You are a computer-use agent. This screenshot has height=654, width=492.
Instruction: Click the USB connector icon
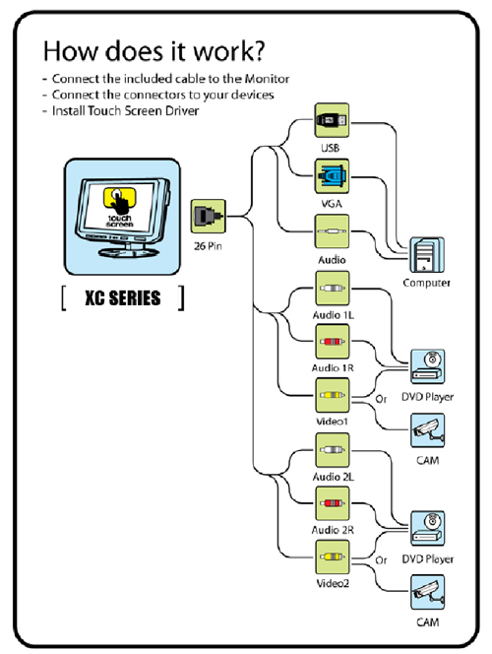[x=332, y=120]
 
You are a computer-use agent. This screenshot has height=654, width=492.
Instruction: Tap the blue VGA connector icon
[x=332, y=176]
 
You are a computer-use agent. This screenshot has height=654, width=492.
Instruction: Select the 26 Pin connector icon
[x=209, y=216]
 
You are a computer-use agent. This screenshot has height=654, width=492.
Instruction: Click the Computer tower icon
[x=427, y=255]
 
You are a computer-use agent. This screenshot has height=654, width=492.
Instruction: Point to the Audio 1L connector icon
[x=332, y=289]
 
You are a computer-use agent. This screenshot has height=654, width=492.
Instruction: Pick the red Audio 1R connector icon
[x=332, y=342]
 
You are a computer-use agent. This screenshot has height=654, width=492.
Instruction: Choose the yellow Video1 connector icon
[x=332, y=395]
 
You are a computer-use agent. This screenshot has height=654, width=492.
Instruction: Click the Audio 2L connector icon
[x=332, y=450]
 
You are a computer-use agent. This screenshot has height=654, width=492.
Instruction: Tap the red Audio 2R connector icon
[x=332, y=503]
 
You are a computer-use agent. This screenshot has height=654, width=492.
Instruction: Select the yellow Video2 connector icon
[x=332, y=556]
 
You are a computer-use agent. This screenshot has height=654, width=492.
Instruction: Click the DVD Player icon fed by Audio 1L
[x=427, y=366]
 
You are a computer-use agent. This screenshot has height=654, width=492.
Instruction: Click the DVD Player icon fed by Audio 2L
[x=427, y=529]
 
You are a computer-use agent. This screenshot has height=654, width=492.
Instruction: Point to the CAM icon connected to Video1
[x=427, y=430]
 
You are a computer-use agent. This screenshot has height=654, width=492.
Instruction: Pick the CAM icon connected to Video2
[x=427, y=593]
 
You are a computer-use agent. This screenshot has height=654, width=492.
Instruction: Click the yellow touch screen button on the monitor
[x=120, y=198]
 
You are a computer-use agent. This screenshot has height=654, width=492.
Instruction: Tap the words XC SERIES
[x=122, y=298]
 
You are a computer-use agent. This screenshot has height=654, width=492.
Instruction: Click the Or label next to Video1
[x=381, y=399]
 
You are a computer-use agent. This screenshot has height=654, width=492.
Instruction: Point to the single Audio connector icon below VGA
[x=332, y=231]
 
